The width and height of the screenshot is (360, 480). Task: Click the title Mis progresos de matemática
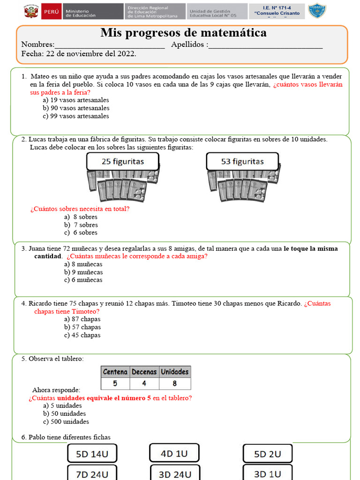(183, 33)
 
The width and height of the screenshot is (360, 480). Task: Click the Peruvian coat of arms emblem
(31, 11)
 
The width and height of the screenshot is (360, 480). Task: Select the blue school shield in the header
(317, 11)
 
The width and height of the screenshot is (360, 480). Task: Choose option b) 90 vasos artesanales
(76, 108)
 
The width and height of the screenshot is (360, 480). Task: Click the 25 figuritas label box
(123, 162)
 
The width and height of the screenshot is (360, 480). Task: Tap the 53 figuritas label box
(242, 162)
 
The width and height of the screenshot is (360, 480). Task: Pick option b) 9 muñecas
(83, 272)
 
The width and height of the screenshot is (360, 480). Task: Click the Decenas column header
(144, 372)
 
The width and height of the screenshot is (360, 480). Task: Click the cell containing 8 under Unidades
(174, 383)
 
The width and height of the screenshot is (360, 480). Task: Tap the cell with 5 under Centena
(115, 383)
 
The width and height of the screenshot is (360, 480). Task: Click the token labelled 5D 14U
(92, 453)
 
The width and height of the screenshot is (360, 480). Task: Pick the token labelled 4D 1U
(174, 453)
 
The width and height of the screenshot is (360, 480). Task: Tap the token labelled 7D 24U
(92, 473)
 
